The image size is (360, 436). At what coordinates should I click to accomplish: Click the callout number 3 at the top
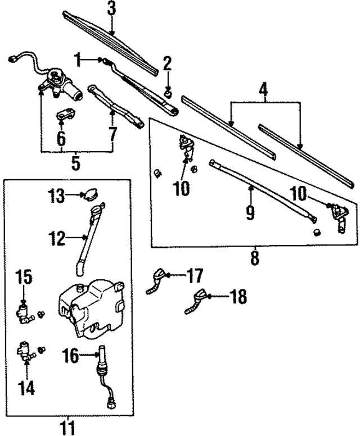pos(111,9)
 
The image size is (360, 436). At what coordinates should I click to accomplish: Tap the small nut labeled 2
pos(167,90)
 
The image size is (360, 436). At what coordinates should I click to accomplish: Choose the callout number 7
pos(113,134)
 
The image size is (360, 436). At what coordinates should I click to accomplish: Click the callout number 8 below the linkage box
pos(254,260)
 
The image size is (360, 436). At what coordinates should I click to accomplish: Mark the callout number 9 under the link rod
pos(250,212)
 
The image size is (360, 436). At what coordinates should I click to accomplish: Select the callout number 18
pos(238,297)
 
